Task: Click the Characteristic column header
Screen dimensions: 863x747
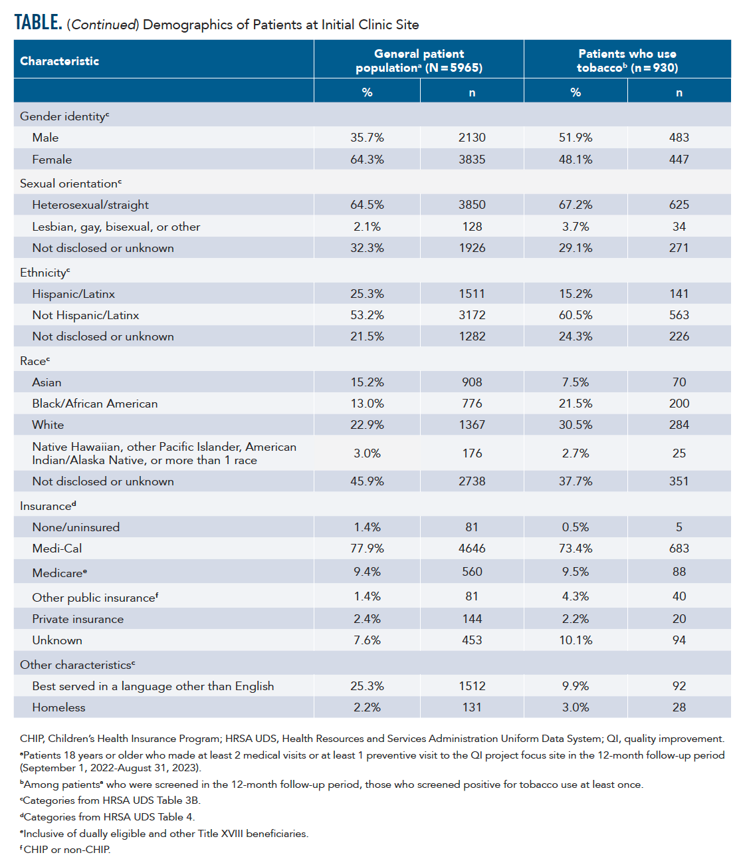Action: point(60,61)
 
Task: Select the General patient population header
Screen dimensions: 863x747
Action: point(419,61)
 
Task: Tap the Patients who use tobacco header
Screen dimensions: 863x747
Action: point(627,61)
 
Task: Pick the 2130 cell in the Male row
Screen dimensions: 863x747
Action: point(472,138)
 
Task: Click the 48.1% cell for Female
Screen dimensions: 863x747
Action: point(576,160)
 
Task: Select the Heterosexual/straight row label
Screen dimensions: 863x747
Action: point(90,205)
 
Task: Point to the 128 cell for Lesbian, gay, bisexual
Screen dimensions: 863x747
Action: point(472,227)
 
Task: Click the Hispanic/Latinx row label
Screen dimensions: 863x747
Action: point(74,294)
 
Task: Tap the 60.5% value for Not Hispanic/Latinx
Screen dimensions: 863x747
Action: point(576,315)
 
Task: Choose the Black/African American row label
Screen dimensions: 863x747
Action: point(95,404)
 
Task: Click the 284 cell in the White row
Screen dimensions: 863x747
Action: point(679,425)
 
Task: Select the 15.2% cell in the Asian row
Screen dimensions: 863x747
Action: point(367,382)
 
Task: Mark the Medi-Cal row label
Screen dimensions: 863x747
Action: point(57,549)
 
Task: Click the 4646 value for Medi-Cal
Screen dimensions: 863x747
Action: point(472,549)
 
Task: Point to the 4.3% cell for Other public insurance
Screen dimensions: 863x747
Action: point(576,596)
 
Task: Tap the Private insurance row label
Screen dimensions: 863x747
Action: point(78,619)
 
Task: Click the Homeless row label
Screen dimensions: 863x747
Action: point(58,707)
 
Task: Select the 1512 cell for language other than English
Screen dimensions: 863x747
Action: point(472,686)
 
